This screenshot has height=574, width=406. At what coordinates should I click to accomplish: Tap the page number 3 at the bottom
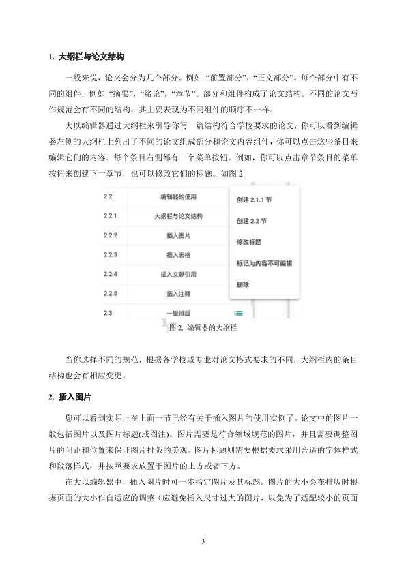pyautogui.click(x=203, y=541)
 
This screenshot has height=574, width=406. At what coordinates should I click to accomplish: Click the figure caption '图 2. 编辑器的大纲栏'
pyautogui.click(x=203, y=328)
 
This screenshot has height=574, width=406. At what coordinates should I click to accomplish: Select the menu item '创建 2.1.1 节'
pyautogui.click(x=254, y=201)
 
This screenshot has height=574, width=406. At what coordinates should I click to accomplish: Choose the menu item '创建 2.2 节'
pyautogui.click(x=250, y=222)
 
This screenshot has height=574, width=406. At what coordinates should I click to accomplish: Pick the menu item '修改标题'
pyautogui.click(x=248, y=242)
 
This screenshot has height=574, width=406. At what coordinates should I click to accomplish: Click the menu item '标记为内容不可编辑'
pyautogui.click(x=263, y=262)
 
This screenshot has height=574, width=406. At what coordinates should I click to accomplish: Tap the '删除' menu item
pyautogui.click(x=242, y=284)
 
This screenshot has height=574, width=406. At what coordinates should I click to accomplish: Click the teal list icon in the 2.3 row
pyautogui.click(x=238, y=313)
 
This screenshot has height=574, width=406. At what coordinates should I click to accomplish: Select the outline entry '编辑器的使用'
pyautogui.click(x=178, y=198)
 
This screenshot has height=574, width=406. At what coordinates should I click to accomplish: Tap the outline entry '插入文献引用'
pyautogui.click(x=178, y=274)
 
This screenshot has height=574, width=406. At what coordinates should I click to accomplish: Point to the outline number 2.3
pyautogui.click(x=107, y=313)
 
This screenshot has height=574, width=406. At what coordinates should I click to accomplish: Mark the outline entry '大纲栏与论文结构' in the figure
pyautogui.click(x=178, y=217)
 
